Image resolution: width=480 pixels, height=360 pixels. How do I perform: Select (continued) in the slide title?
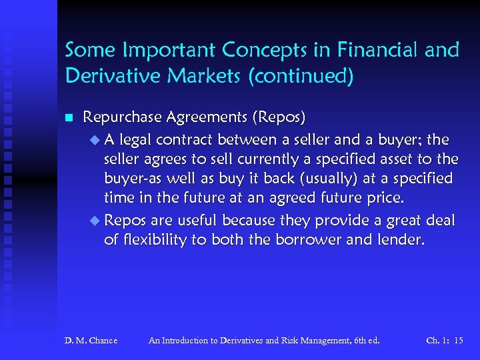pyautogui.click(x=299, y=76)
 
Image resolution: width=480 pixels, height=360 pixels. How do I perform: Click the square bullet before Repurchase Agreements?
pyautogui.click(x=69, y=118)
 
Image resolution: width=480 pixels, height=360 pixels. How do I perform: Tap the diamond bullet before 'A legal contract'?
pyautogui.click(x=93, y=139)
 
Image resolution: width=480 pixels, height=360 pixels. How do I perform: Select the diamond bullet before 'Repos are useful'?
pyautogui.click(x=93, y=219)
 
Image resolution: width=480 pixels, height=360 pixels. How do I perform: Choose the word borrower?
pyautogui.click(x=297, y=239)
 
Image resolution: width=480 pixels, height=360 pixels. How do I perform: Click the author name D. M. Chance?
pyautogui.click(x=91, y=341)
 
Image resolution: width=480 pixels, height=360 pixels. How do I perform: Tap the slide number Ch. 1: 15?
pyautogui.click(x=445, y=341)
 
